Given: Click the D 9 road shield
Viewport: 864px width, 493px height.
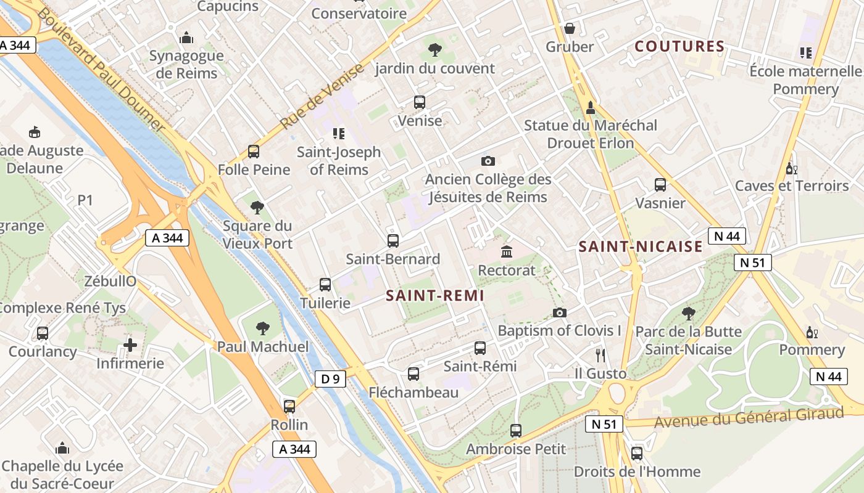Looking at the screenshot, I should pos(331,379).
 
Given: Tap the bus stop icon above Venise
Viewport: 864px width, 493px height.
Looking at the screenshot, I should pos(420,102).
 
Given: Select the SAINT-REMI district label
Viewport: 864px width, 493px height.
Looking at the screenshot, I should pos(435,296).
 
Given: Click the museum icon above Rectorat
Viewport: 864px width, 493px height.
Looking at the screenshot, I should pos(507,251).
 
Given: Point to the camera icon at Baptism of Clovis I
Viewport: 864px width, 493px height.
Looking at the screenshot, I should pos(560,312).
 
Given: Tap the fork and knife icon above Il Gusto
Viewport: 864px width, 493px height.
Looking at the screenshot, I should pos(600,355).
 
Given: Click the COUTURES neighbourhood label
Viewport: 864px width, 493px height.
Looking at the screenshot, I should pos(679,46).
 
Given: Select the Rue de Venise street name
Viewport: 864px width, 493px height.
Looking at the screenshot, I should pos(323,97).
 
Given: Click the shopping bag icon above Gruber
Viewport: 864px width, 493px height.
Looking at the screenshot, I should pos(570,28).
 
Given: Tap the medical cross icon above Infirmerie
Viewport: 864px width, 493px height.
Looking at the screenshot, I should pos(130,345).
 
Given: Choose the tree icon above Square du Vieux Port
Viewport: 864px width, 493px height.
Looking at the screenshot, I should pos(257,207).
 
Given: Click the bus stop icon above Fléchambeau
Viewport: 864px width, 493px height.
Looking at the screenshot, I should pos(413,374).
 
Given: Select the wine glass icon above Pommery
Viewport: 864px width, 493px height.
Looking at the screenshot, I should pos(812,333).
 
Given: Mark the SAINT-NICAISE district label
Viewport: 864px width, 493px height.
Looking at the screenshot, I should pos(641,247).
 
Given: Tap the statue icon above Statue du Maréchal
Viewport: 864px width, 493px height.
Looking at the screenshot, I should pos(591,107).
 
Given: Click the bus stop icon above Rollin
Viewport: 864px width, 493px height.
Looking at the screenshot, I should pos(289,407).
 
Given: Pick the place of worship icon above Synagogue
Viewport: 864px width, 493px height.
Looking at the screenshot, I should pos(186,38).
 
